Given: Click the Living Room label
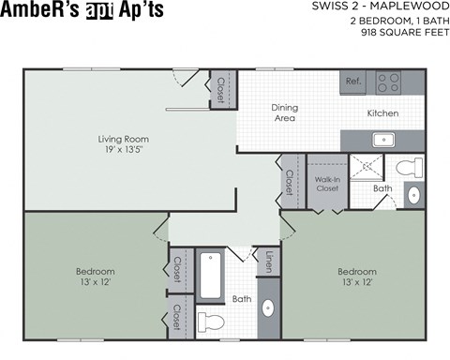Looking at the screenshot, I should coord(124,145).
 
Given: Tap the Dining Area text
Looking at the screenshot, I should coord(284,112).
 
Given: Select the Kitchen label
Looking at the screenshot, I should coord(382,113).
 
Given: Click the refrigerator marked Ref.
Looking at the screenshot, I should coord(353,82).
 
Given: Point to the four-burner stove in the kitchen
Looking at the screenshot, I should coord(388,82).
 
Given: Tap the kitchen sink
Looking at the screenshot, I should coord(383,140).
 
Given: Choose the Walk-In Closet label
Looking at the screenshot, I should coord(326,183).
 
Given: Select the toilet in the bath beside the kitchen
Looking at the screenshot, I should coord(408,169).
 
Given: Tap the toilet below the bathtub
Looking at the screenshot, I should coord(213,322).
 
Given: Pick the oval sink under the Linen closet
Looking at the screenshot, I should coord(267,310).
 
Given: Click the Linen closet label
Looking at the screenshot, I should coord(268,262).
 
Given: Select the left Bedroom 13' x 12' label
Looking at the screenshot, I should coord(96,277).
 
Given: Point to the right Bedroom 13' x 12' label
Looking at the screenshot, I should coord(357,277).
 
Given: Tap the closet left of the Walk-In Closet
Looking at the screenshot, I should coord(290,182).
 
